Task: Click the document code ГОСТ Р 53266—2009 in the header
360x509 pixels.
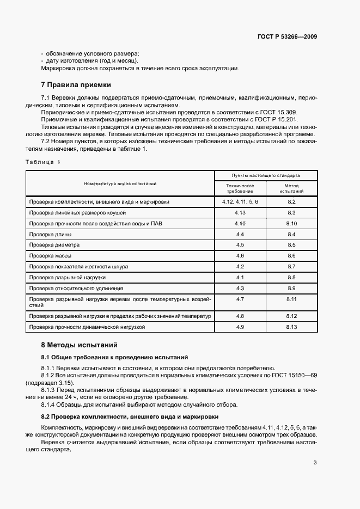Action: (287, 37)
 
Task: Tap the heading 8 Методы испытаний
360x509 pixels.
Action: (78, 345)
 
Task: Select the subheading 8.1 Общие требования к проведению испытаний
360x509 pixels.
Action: (114, 357)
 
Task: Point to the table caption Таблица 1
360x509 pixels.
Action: (44, 162)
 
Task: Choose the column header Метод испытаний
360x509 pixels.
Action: (291, 188)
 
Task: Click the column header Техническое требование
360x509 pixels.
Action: (240, 188)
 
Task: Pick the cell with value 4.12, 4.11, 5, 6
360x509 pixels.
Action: (240, 201)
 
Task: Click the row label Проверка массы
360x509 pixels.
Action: (50, 255)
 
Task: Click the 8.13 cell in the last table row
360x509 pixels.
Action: (291, 327)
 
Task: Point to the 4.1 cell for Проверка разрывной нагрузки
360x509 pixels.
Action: (240, 277)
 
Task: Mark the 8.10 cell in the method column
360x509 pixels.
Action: (291, 223)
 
